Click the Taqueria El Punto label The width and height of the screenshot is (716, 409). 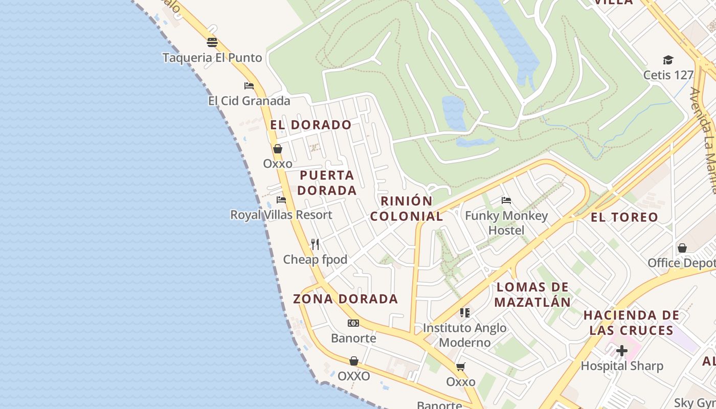212,58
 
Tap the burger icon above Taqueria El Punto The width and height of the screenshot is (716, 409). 212,42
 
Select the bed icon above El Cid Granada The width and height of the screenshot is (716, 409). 249,85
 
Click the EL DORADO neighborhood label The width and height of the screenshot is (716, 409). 311,125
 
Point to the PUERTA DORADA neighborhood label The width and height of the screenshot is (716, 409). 327,183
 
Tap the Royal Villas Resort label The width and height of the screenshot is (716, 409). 281,215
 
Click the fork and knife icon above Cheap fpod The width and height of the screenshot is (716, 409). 315,244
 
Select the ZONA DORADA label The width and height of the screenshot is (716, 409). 346,299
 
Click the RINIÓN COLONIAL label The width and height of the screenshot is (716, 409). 407,208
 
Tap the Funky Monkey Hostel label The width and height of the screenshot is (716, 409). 506,223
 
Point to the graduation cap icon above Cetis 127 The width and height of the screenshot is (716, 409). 668,60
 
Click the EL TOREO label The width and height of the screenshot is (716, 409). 624,217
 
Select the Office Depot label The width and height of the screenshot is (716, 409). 681,263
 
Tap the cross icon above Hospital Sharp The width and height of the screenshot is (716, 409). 622,351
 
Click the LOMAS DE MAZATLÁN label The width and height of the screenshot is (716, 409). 532,294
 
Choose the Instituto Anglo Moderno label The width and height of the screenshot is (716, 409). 465,335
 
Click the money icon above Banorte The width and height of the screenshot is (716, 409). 353,323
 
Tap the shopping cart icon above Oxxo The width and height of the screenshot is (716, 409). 461,367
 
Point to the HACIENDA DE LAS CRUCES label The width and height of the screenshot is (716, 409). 632,323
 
